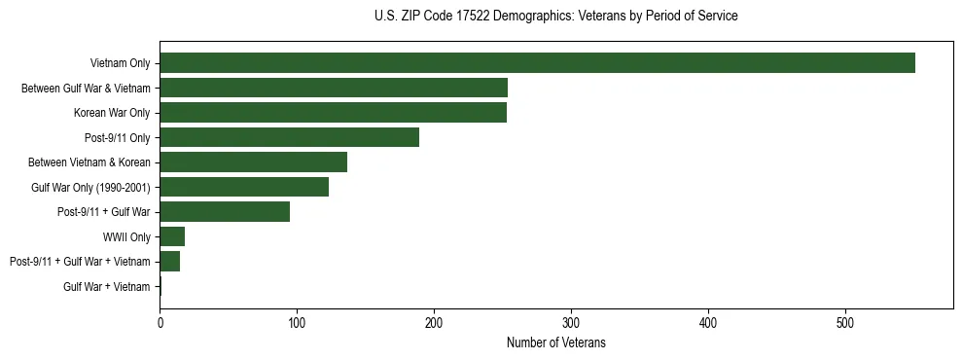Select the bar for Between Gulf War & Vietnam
334,88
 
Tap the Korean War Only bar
333,113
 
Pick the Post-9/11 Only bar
289,137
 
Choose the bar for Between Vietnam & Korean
253,162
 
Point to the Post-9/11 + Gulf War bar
225,212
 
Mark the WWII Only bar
172,236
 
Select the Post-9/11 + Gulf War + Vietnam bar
170,262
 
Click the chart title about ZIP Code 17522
555,17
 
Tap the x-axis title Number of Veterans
555,343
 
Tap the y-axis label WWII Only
126,236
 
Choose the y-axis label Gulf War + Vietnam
107,286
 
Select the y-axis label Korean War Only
112,113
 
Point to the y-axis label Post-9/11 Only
119,137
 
